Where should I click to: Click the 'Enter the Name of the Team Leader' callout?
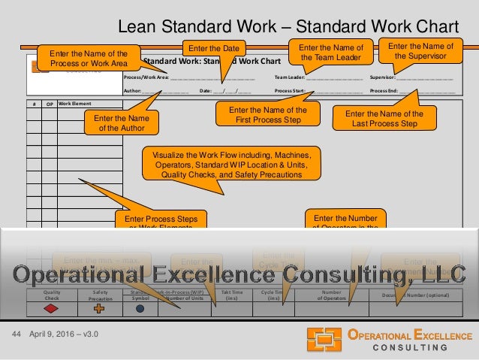[x=330, y=53]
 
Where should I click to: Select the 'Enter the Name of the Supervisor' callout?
[x=420, y=50]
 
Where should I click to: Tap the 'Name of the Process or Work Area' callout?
[x=88, y=57]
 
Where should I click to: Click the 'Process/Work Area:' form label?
[x=146, y=77]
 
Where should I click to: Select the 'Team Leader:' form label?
[x=290, y=77]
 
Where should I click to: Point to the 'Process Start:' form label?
[x=290, y=89]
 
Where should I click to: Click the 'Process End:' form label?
[x=384, y=89]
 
